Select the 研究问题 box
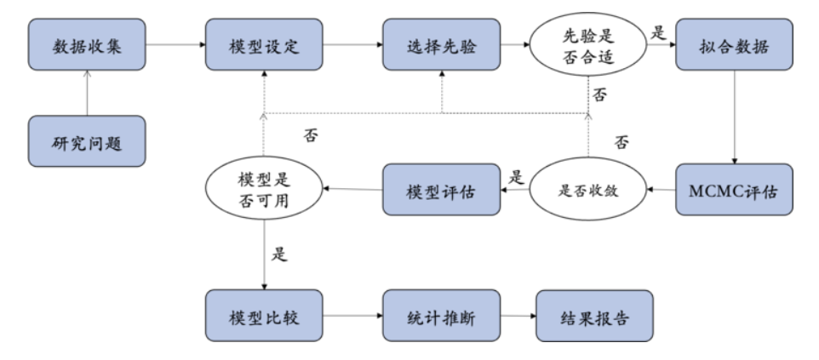click(86, 142)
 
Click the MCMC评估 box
click(734, 189)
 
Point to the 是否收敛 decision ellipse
click(587, 189)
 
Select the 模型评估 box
click(440, 189)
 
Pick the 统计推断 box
click(440, 315)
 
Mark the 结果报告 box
click(594, 315)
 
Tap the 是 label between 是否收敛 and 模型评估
click(514, 178)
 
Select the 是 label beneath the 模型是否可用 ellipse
click(278, 254)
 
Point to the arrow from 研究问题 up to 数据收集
click(86, 94)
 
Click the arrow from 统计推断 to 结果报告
click(517, 316)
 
